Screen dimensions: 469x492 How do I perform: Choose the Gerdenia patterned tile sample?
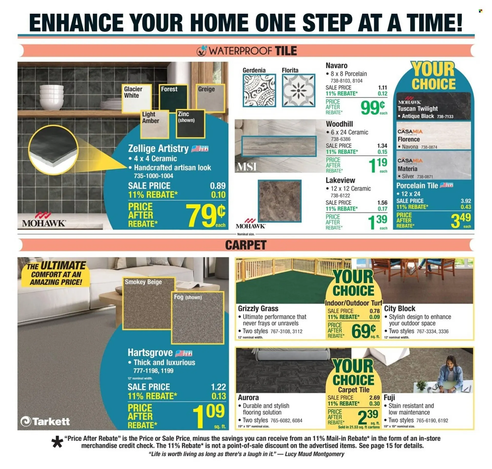[x=259, y=90]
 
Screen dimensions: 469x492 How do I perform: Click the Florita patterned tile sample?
[x=298, y=90]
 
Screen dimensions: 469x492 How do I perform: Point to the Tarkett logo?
[x=45, y=421]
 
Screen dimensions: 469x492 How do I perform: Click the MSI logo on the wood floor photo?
[x=246, y=167]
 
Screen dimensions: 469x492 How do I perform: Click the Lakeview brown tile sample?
[x=279, y=201]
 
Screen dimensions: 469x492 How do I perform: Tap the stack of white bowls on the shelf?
[x=52, y=97]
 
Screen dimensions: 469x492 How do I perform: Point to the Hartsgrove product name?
[x=150, y=353]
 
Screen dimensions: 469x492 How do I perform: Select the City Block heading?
[x=399, y=308]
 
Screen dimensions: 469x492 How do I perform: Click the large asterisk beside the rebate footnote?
[x=57, y=442]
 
